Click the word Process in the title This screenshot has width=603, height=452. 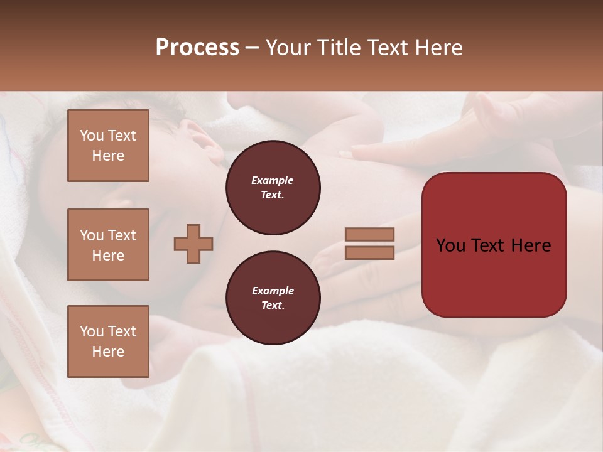pos(197,48)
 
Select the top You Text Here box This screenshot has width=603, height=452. pos(108,146)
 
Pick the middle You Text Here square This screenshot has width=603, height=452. pos(108,245)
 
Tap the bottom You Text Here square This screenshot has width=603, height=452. pos(108,342)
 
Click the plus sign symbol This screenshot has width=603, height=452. pos(193,244)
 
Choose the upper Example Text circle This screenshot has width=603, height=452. pos(273,188)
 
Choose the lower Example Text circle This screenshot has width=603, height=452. pos(273,298)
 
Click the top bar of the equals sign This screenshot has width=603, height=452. pos(370,234)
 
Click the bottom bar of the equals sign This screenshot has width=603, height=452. pos(370,252)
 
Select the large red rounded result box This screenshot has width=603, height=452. pos(494,245)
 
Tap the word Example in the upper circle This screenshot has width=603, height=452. pos(272,180)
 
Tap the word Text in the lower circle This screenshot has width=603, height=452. pos(273,305)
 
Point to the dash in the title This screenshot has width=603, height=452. pos(252,48)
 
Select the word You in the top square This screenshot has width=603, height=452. pos(92,136)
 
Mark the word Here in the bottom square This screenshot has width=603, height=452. pos(108,352)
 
